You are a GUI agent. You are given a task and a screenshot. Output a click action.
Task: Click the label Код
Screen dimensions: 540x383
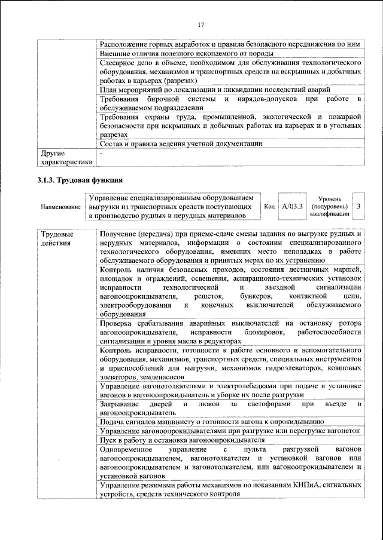pyautogui.click(x=269, y=205)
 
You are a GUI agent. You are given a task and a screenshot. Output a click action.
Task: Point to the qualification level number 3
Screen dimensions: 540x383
pyautogui.click(x=358, y=205)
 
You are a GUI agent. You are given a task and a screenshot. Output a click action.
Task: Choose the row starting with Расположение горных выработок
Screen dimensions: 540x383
pyautogui.click(x=230, y=44)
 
